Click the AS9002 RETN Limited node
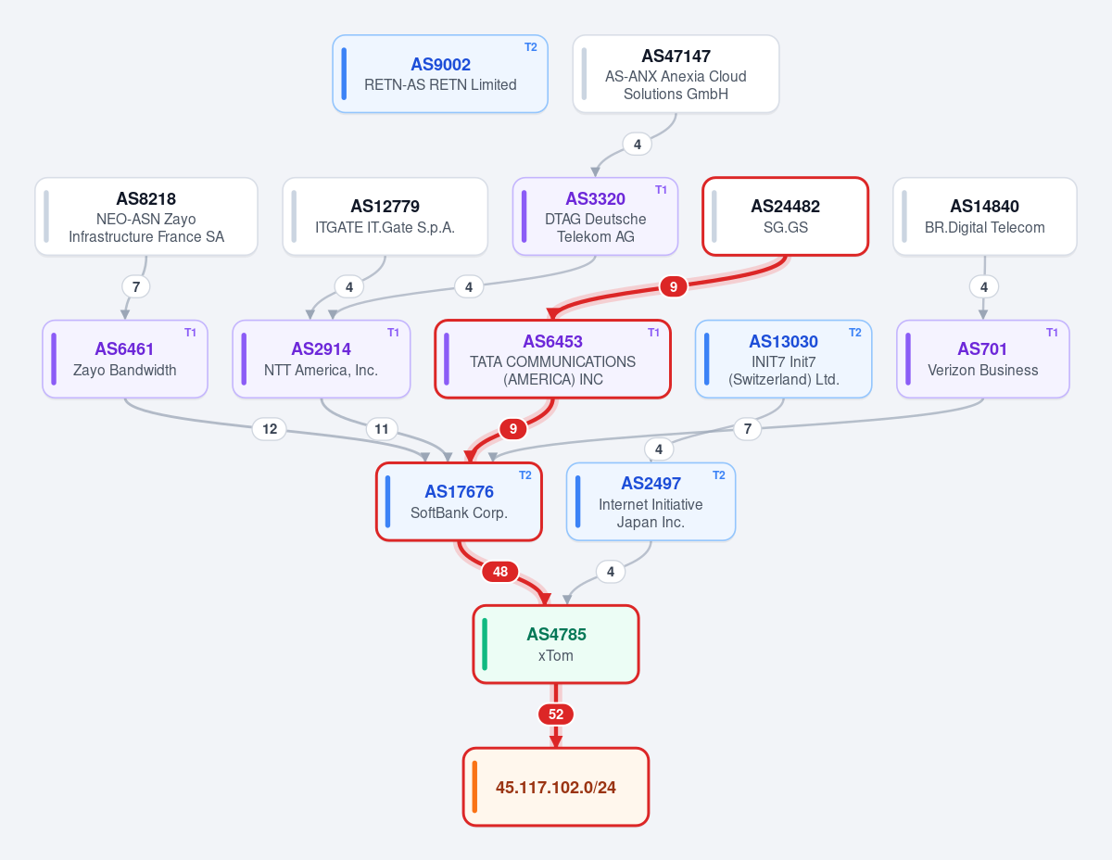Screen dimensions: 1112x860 click(x=440, y=73)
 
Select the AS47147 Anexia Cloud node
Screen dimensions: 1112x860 click(x=676, y=73)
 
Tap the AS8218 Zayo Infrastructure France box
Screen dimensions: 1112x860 click(x=146, y=217)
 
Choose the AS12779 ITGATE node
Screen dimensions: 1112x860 click(x=385, y=217)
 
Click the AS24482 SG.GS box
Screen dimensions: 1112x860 click(x=786, y=217)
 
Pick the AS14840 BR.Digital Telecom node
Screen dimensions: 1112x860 click(x=984, y=217)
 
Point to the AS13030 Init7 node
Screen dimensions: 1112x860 click(x=783, y=360)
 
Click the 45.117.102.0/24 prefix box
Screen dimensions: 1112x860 click(x=556, y=787)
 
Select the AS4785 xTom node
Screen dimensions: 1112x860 click(x=556, y=644)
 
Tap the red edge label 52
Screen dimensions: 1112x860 click(x=556, y=715)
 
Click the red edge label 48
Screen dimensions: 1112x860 click(x=500, y=572)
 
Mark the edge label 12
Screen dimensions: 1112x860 click(x=270, y=429)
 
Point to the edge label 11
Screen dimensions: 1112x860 click(x=381, y=429)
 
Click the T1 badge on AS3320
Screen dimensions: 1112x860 click(x=661, y=190)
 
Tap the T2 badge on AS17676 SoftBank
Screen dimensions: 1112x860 click(x=525, y=475)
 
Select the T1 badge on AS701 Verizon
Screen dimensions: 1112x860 click(x=1052, y=333)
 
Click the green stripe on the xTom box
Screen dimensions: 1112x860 click(x=485, y=644)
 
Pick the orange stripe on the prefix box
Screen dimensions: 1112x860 click(x=474, y=787)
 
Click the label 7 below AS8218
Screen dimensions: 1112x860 click(x=136, y=286)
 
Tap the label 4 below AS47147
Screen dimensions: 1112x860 click(x=638, y=145)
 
